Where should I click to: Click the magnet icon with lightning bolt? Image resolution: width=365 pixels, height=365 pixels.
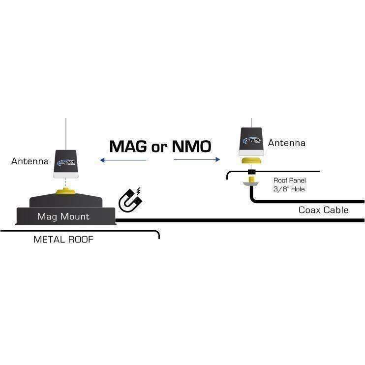coord(130,200)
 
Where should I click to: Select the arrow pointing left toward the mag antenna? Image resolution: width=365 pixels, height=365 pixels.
coord(122,160)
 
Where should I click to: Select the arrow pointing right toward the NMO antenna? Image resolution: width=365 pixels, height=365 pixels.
coord(196,159)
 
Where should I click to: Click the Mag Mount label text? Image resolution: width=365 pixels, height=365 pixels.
coord(63,216)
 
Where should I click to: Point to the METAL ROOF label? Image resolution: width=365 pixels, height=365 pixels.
coord(63,240)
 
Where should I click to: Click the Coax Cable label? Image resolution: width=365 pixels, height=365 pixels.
coord(323,210)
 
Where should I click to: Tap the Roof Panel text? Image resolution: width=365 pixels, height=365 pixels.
coord(289,181)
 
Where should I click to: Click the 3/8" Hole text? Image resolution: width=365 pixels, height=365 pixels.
coord(289,189)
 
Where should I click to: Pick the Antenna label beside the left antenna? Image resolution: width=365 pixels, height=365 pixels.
coord(30,161)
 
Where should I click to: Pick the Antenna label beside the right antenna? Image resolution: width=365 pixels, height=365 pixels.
coord(287,143)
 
